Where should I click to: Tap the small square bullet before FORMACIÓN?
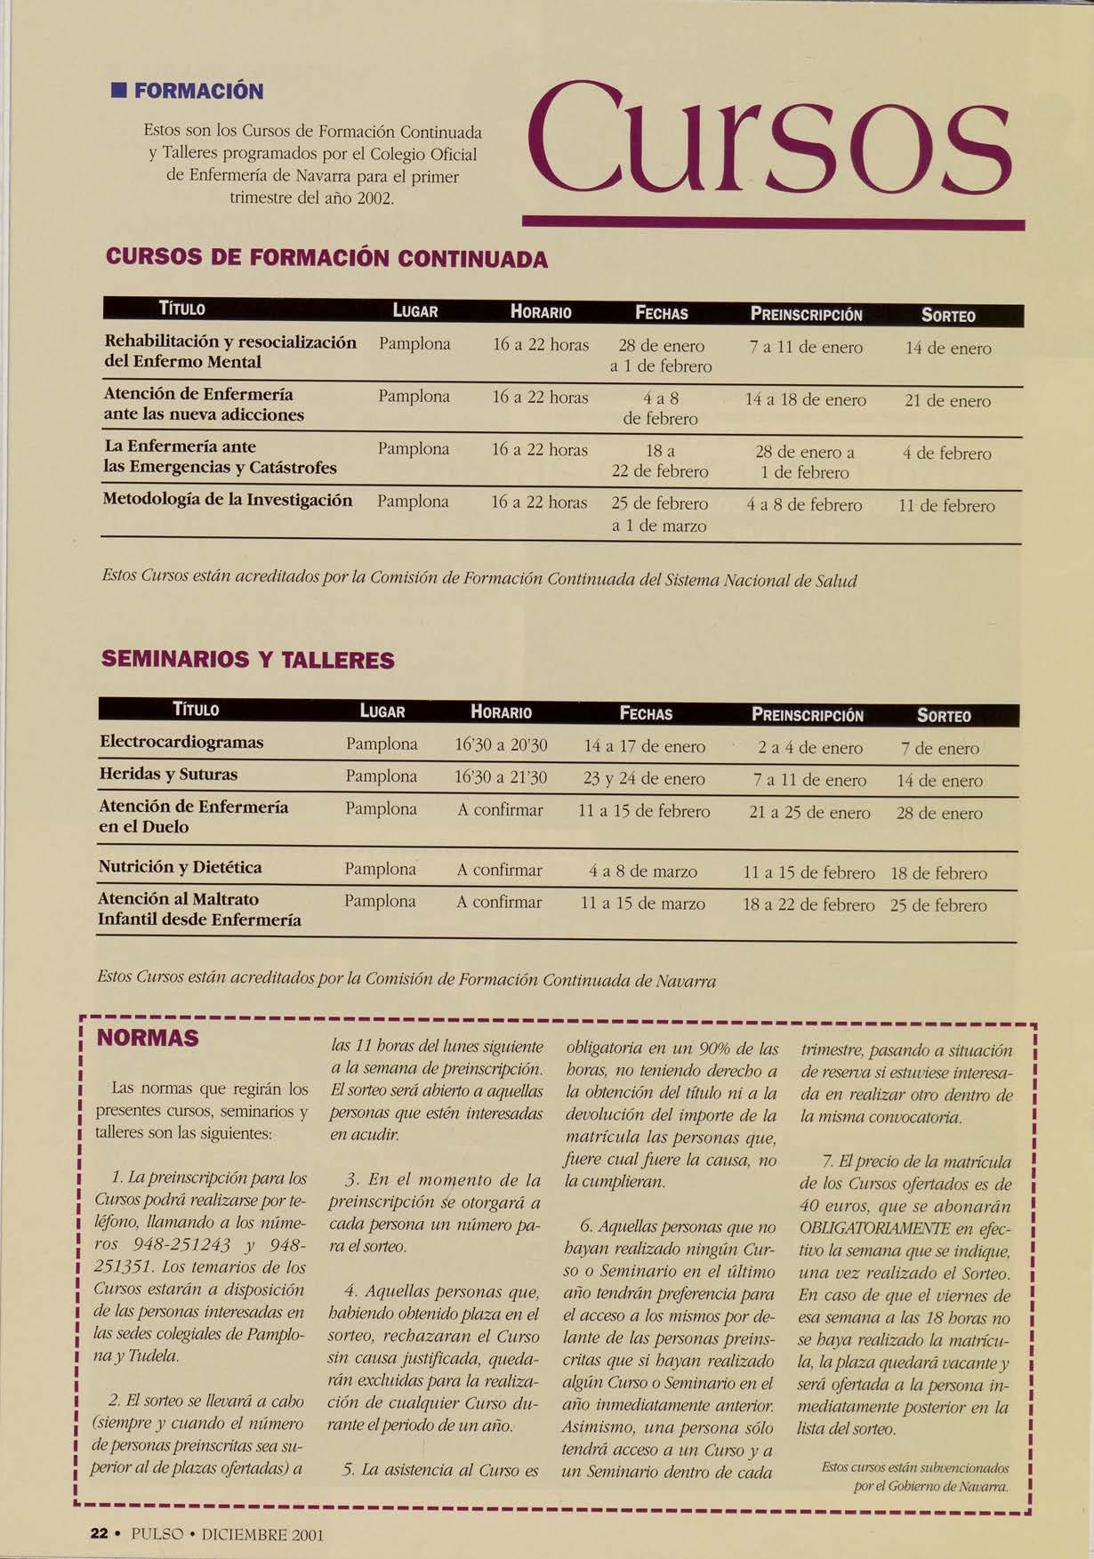(116, 91)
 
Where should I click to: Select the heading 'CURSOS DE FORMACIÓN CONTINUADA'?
(326, 259)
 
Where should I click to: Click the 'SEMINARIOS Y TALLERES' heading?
(247, 660)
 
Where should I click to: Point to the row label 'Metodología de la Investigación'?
(228, 501)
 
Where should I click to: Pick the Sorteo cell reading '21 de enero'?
(947, 401)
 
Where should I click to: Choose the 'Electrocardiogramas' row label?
(181, 742)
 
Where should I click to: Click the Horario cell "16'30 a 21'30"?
(501, 778)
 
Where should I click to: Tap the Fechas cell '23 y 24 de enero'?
(644, 779)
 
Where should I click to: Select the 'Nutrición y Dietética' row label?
(180, 867)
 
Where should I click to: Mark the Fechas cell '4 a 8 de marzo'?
(643, 872)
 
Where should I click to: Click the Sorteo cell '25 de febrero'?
(938, 905)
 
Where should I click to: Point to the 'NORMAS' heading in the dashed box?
(148, 1039)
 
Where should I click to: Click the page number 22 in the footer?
(99, 1534)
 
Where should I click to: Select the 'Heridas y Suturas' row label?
(168, 775)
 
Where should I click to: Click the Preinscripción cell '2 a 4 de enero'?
(809, 748)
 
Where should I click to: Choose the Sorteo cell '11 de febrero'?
(946, 506)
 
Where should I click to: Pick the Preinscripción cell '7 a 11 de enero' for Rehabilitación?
(806, 348)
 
